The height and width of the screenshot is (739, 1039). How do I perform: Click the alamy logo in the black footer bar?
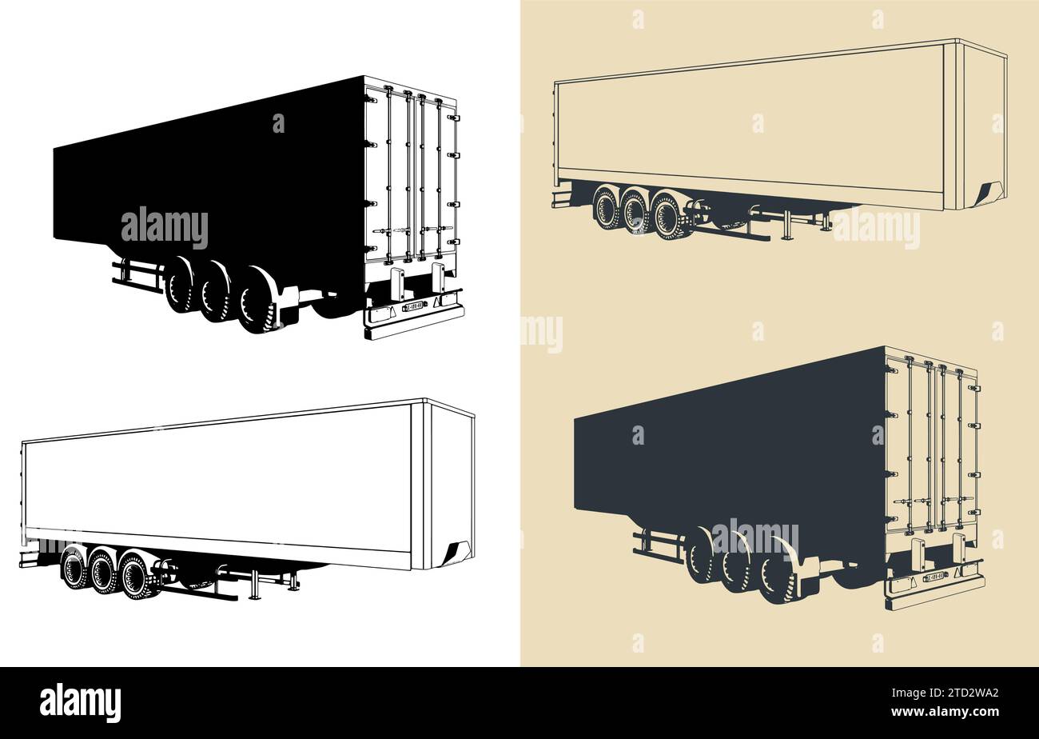point(80,703)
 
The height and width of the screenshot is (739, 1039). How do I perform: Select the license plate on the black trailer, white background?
point(413,305)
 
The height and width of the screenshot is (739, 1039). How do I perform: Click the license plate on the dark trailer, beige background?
point(935,576)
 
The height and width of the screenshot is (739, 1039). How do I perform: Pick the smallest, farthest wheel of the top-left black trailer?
point(178,284)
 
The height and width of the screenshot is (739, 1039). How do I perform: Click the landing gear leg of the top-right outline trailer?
point(787,226)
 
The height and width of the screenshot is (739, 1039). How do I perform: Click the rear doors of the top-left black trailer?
point(411,176)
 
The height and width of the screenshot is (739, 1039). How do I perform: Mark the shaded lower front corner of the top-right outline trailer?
point(989,194)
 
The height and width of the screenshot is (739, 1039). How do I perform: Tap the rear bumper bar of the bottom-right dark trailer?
point(935,593)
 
